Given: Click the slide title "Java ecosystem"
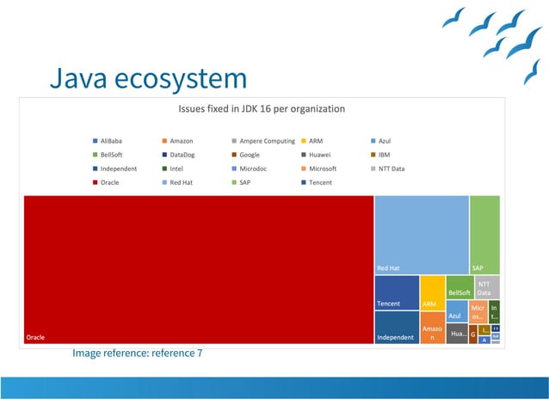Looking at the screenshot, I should tap(147, 79).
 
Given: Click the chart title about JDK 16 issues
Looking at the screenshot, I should tap(261, 109).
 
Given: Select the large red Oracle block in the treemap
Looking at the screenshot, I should tap(199, 269).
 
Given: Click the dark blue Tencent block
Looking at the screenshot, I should tap(397, 292).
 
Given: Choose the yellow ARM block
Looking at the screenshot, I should tap(432, 292).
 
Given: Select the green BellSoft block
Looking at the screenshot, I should tap(460, 286).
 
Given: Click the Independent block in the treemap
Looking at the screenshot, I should tap(397, 328).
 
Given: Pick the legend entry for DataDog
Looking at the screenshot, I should tap(182, 155).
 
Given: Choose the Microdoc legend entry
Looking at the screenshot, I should tap(251, 169).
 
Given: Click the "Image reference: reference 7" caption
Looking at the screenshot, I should tap(138, 353).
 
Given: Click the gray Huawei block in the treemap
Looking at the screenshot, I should tap(459, 334).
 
